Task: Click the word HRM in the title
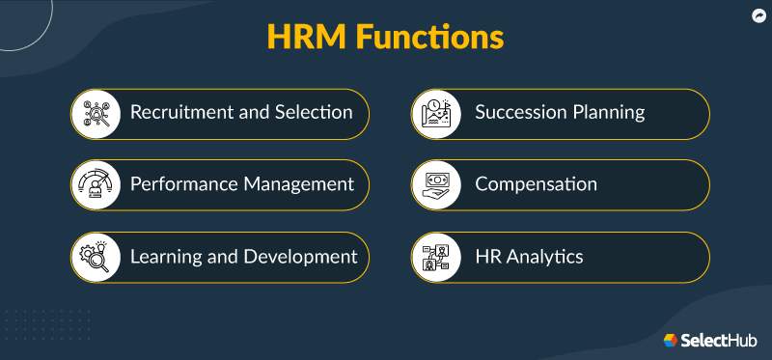pyautogui.click(x=308, y=39)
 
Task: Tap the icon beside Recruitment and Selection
pyautogui.click(x=99, y=113)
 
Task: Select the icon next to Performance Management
pyautogui.click(x=99, y=184)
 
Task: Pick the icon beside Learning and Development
pyautogui.click(x=99, y=257)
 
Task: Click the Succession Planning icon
pyautogui.click(x=440, y=113)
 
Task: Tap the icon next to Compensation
pyautogui.click(x=440, y=184)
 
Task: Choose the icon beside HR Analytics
pyautogui.click(x=440, y=257)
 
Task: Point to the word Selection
pyautogui.click(x=316, y=112)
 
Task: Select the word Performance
pyautogui.click(x=186, y=183)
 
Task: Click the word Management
pyautogui.click(x=300, y=183)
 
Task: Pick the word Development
pyautogui.click(x=299, y=257)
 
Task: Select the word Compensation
pyautogui.click(x=536, y=183)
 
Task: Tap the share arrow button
pyautogui.click(x=758, y=15)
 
